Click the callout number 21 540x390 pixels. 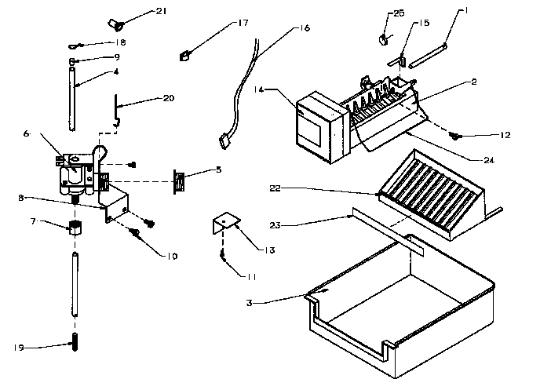pos(161,11)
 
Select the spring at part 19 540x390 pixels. pos(75,344)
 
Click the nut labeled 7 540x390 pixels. pos(75,229)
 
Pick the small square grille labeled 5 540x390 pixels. pos(181,182)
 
